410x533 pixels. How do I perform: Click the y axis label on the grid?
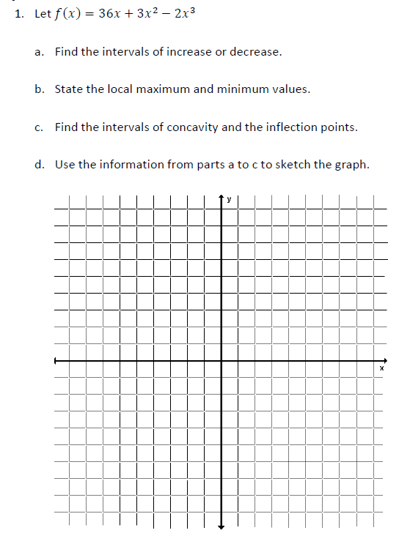tap(229, 198)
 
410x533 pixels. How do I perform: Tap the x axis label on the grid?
tap(381, 368)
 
